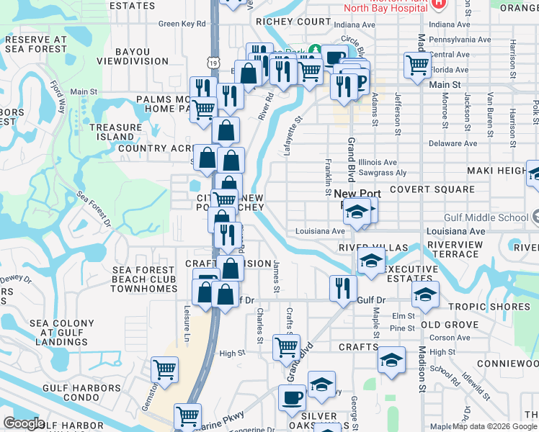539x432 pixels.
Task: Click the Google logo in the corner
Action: (x=24, y=423)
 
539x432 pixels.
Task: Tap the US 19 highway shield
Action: (x=213, y=64)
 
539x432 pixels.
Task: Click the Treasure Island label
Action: (x=115, y=132)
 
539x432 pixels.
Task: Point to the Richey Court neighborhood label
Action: (x=293, y=22)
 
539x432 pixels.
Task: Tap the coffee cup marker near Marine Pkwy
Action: (x=292, y=397)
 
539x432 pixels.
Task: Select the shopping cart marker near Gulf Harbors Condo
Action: (x=164, y=369)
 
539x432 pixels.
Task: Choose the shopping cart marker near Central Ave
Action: (x=417, y=63)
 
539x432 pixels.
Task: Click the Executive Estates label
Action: (x=412, y=273)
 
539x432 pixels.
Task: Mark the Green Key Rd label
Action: (x=182, y=24)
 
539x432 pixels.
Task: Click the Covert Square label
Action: (x=432, y=190)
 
